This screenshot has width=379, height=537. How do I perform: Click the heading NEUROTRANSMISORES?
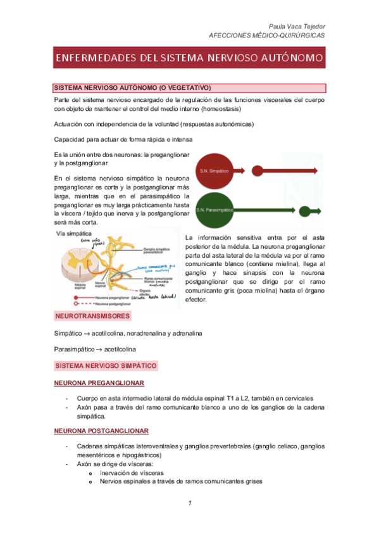[x=93, y=315]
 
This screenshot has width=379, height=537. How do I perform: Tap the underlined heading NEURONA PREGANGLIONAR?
[x=98, y=384]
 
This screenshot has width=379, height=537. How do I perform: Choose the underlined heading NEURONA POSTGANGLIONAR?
[x=101, y=431]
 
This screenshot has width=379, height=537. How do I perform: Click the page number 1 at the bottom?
[x=189, y=503]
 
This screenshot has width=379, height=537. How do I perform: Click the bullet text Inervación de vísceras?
[x=132, y=472]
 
